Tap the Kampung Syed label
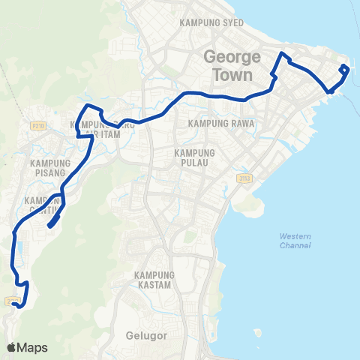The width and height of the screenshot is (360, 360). [212, 23]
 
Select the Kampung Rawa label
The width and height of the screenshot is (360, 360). [223, 123]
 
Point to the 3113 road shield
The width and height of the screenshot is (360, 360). [244, 178]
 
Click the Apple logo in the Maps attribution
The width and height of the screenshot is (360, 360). [11, 347]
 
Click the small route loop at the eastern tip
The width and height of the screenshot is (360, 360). [344, 70]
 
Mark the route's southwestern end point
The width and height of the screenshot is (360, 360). [16, 304]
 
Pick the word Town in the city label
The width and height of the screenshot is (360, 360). [232, 75]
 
